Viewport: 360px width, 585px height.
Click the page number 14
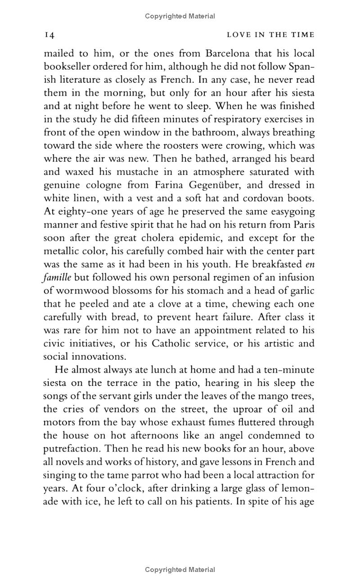pos(49,35)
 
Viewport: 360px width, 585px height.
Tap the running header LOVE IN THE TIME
pos(270,35)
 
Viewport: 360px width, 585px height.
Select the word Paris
pos(304,224)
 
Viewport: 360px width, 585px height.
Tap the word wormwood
pos(79,290)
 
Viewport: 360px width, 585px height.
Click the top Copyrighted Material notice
pos(180,16)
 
